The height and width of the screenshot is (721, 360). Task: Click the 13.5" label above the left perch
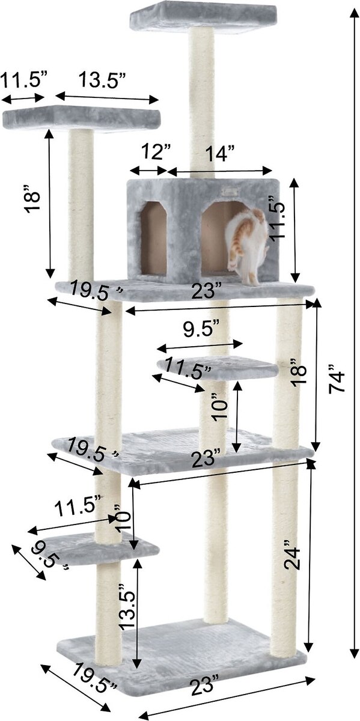tap(102, 80)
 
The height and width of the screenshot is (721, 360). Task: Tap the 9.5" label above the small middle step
tap(201, 329)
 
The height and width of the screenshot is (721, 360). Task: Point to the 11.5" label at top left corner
tap(24, 80)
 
